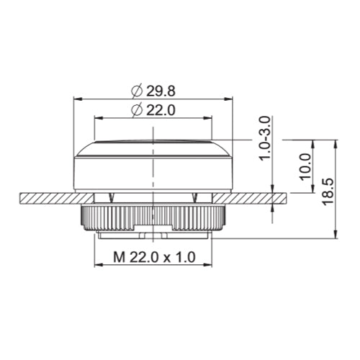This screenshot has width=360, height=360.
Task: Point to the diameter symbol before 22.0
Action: point(137,109)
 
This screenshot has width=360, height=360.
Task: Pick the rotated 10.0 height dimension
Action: point(305,166)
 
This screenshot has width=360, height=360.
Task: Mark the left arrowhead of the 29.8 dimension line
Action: point(78,99)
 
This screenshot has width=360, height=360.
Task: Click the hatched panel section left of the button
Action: point(47,196)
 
